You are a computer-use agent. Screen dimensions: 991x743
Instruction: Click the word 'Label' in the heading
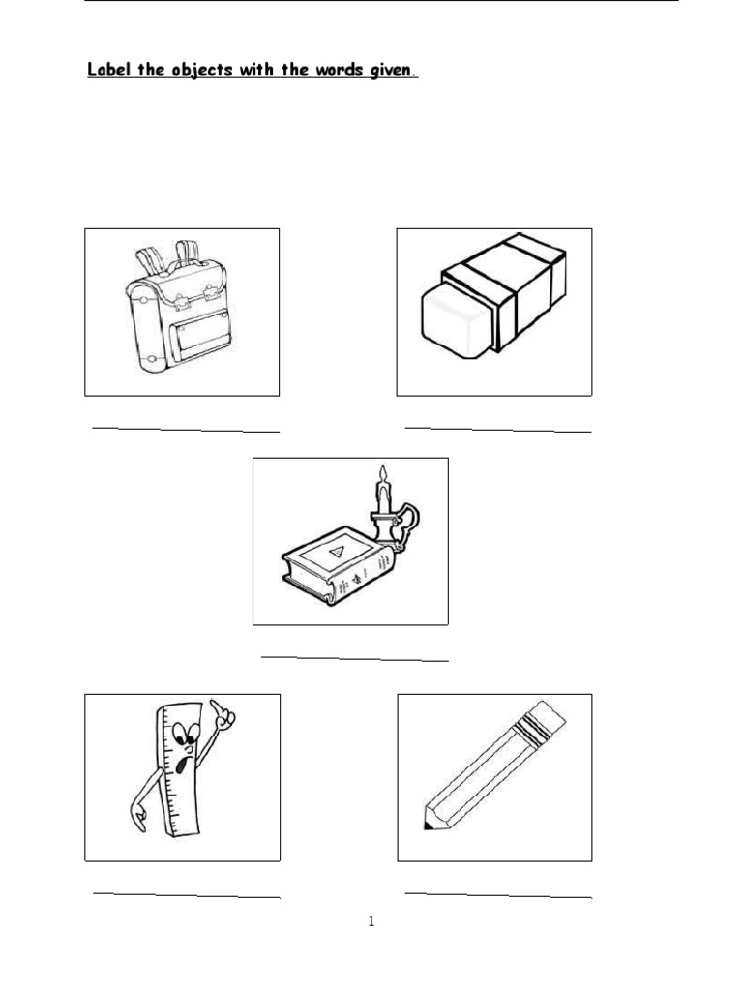(110, 71)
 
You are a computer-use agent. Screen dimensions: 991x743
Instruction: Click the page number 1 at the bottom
(371, 921)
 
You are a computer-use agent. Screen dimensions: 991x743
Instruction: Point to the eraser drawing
(494, 296)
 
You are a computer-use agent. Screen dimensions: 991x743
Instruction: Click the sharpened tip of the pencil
(428, 825)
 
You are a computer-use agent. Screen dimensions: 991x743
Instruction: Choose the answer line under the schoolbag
(185, 428)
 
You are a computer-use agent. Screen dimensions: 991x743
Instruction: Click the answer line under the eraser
(497, 428)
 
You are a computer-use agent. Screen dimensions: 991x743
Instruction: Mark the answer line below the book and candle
(354, 658)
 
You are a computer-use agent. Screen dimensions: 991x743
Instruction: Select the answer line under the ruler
(186, 895)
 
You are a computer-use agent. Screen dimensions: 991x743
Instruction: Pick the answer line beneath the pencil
(497, 895)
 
